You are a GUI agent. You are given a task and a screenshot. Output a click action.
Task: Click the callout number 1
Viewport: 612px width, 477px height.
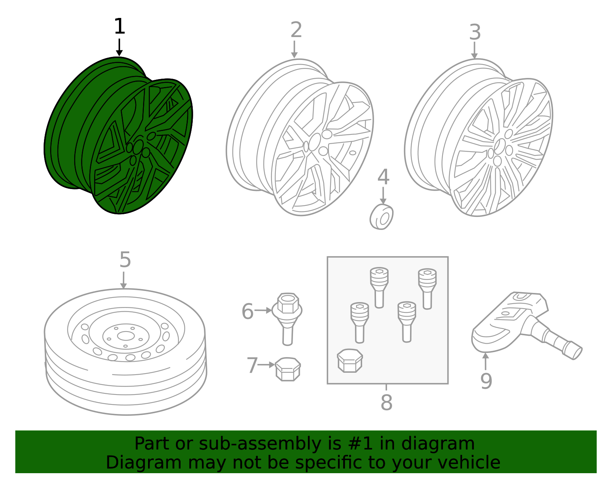(119, 27)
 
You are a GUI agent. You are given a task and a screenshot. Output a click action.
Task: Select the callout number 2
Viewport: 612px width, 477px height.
(296, 30)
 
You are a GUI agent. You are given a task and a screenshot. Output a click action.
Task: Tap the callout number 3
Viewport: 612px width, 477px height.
(475, 32)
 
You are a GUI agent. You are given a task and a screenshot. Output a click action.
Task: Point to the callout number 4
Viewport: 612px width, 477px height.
(383, 177)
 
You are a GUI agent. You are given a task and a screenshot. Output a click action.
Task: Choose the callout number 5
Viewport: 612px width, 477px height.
(125, 260)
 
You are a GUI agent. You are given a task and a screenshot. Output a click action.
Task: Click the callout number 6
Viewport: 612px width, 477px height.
(247, 312)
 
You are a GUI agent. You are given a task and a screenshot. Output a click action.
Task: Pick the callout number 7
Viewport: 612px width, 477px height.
(252, 365)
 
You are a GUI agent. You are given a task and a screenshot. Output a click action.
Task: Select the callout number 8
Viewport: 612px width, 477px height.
(386, 403)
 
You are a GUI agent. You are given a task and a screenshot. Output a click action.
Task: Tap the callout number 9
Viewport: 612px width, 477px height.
(486, 381)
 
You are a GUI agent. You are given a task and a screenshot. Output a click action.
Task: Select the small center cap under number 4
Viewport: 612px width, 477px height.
(382, 217)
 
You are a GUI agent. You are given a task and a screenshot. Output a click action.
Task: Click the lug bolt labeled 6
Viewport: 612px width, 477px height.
(288, 317)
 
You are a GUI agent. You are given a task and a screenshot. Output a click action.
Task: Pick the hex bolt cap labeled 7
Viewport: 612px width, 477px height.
(288, 369)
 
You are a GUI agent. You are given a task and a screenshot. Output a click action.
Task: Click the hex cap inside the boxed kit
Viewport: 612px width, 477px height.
(350, 361)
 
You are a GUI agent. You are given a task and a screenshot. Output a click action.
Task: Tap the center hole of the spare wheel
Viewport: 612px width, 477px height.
(125, 336)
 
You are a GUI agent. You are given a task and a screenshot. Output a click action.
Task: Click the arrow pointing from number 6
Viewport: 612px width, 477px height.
(263, 310)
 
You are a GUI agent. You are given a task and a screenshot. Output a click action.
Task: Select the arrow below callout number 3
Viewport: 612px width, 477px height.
(474, 50)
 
